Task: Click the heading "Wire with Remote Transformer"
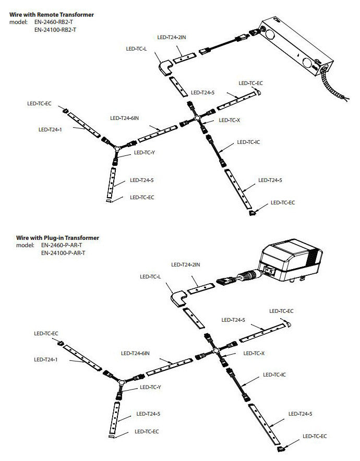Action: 52,15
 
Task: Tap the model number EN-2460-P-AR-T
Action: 61,245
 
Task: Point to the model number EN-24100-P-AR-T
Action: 63,253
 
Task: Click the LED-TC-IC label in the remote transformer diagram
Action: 248,141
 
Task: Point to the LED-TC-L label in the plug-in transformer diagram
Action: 151,276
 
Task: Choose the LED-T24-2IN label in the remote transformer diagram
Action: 171,38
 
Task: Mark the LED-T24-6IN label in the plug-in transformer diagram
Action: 136,353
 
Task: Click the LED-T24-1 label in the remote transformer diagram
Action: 51,129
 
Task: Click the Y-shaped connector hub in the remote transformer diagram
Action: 118,150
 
